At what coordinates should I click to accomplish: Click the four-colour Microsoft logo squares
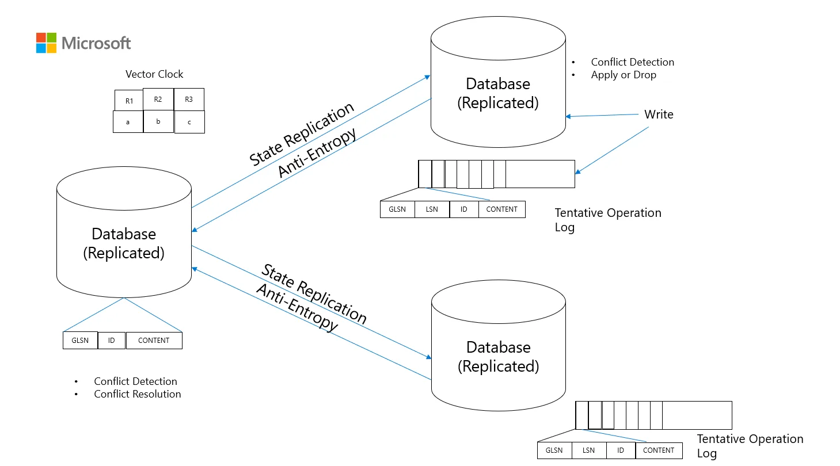pyautogui.click(x=46, y=43)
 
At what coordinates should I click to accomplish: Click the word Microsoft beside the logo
pyautogui.click(x=96, y=43)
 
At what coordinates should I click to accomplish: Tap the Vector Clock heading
pyautogui.click(x=154, y=74)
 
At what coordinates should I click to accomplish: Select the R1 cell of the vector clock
pyautogui.click(x=129, y=101)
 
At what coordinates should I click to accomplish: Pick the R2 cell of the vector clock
pyautogui.click(x=158, y=99)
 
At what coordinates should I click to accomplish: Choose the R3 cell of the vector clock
pyautogui.click(x=189, y=99)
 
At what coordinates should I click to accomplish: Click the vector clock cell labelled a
pyautogui.click(x=128, y=122)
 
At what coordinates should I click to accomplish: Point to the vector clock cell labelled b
pyautogui.click(x=158, y=121)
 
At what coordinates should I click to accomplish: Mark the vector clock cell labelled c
pyautogui.click(x=189, y=122)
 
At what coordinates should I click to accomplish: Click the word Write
pyautogui.click(x=659, y=114)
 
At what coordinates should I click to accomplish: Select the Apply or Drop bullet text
pyautogui.click(x=624, y=75)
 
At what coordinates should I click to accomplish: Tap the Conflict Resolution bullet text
pyautogui.click(x=138, y=394)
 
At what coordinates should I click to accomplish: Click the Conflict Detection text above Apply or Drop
pyautogui.click(x=632, y=62)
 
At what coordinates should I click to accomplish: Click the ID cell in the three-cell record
pyautogui.click(x=112, y=341)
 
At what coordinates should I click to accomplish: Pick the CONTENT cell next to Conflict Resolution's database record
pyautogui.click(x=154, y=341)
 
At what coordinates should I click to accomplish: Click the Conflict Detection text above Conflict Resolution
pyautogui.click(x=135, y=381)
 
